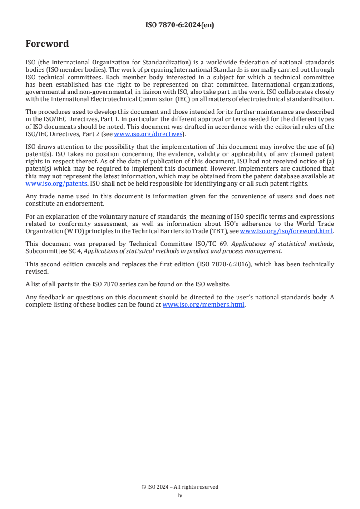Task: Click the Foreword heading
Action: tap(47, 44)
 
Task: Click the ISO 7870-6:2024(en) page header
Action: tap(180, 25)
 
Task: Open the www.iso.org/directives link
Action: tap(148, 134)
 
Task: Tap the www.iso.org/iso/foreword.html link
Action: tap(283, 231)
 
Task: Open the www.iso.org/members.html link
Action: tap(203, 305)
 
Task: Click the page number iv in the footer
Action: tap(180, 495)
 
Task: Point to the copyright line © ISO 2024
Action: tap(180, 487)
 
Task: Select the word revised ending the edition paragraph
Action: tap(36, 271)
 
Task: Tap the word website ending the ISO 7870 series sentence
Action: tap(219, 284)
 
